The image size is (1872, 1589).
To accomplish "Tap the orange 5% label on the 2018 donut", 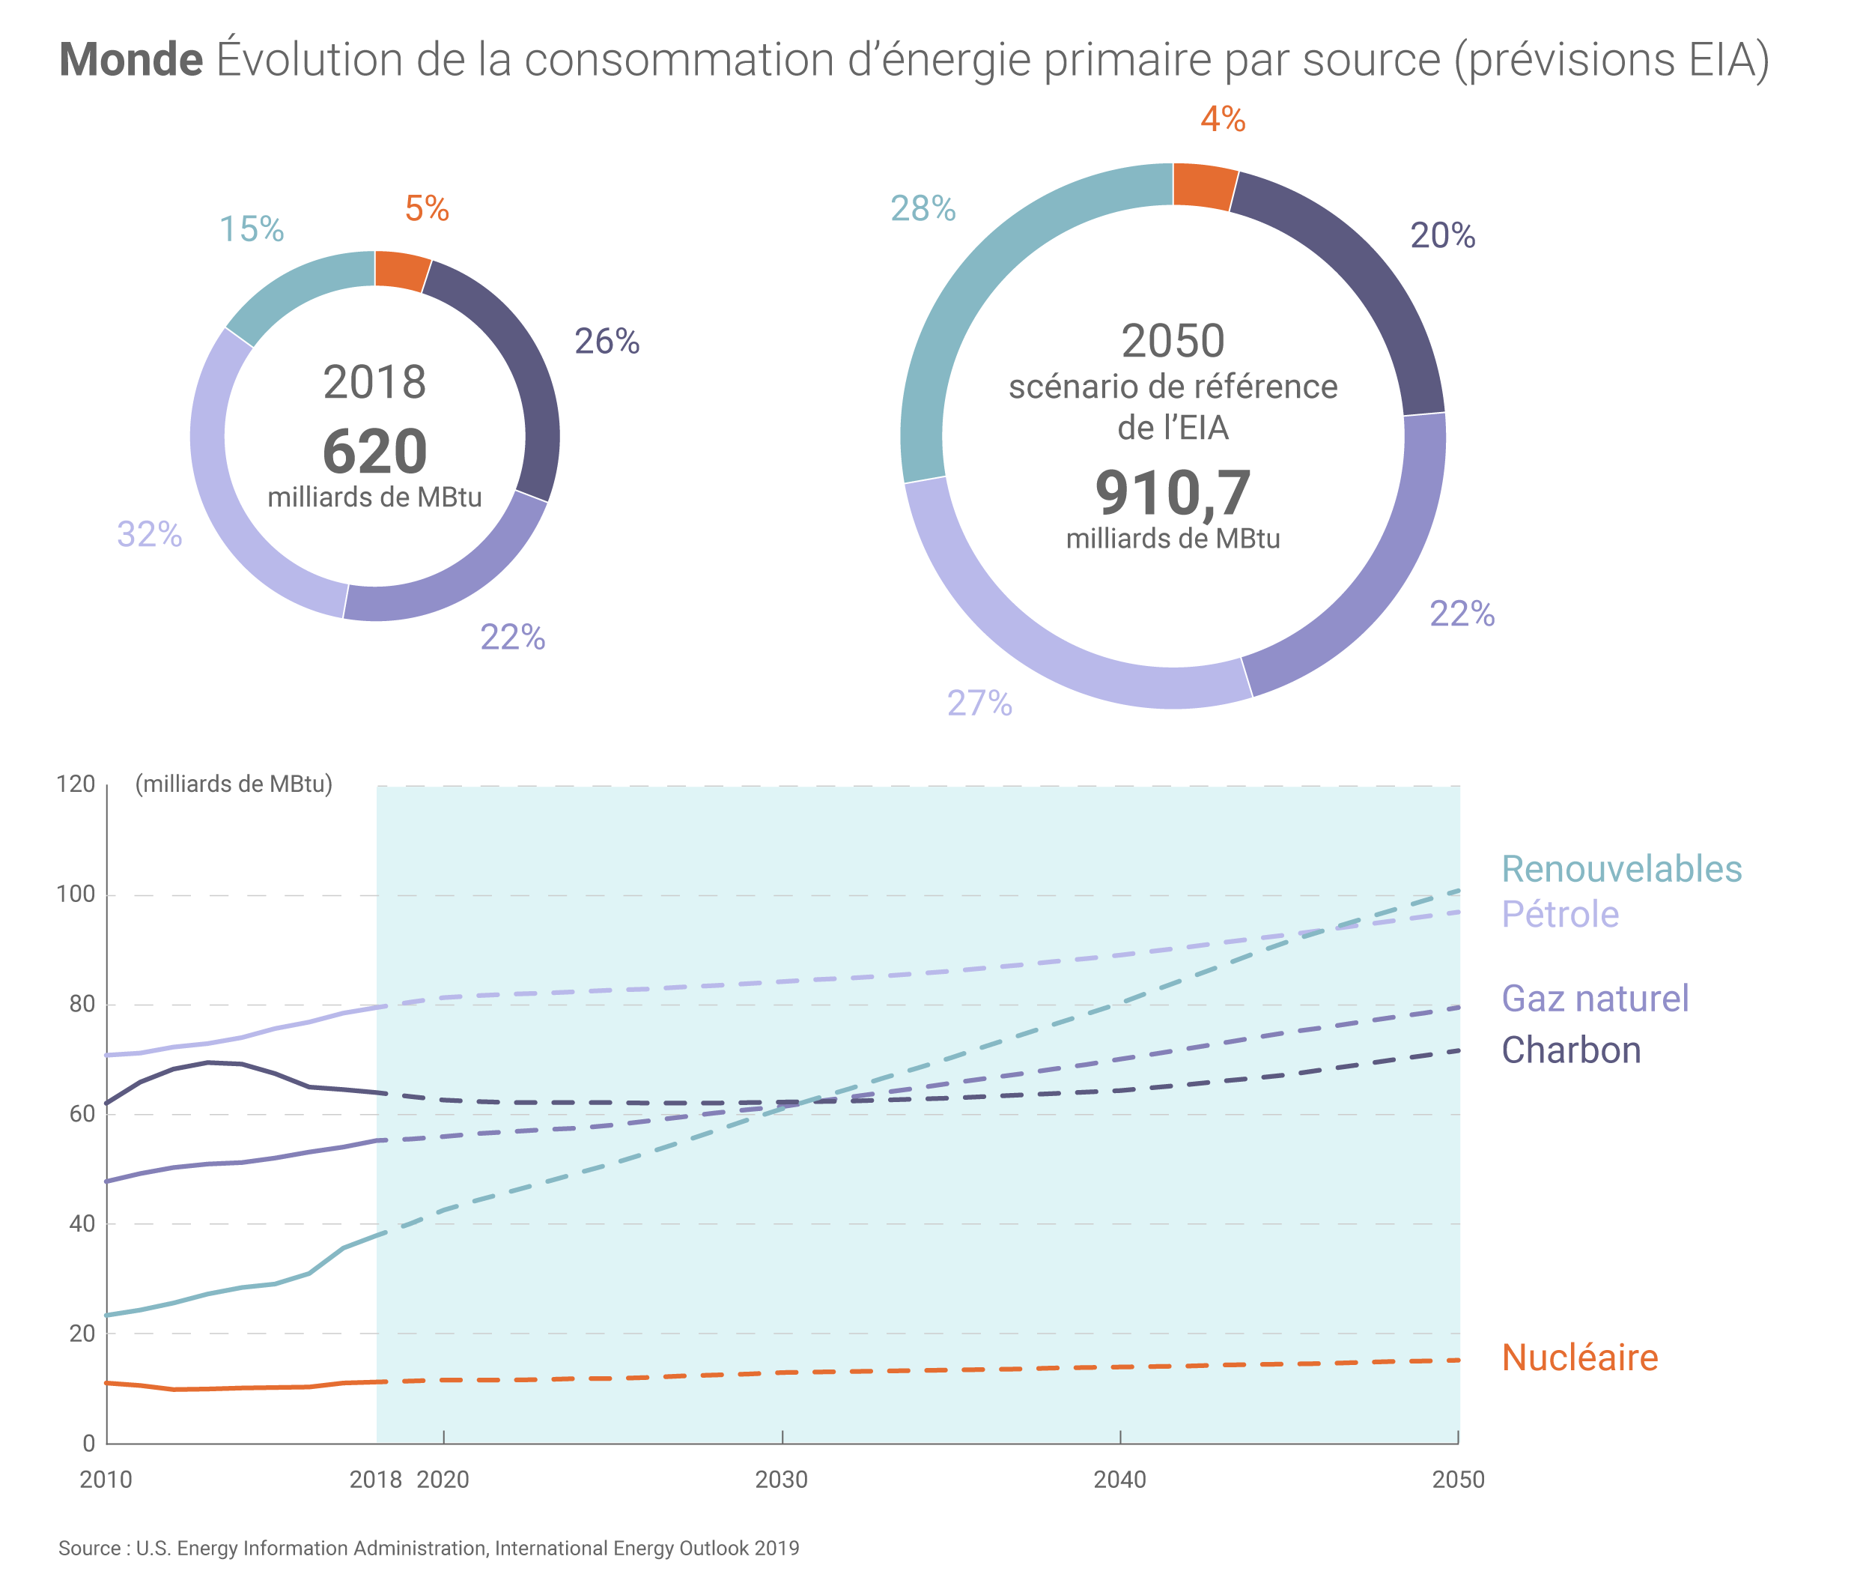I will (x=426, y=208).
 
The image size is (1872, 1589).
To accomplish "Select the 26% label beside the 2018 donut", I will (x=607, y=342).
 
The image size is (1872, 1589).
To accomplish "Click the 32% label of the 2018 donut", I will (x=150, y=534).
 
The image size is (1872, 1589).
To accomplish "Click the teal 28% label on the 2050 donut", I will (x=923, y=208).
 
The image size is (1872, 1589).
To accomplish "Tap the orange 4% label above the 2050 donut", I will (x=1222, y=119).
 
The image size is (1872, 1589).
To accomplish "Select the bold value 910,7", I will (x=1173, y=493).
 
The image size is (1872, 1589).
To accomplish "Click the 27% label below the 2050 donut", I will (x=979, y=703).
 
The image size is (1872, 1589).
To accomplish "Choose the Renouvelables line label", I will (x=1621, y=868).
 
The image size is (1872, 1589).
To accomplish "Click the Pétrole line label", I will (x=1560, y=913).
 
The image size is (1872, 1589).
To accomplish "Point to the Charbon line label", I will (x=1571, y=1050).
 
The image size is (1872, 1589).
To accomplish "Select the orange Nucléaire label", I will (x=1579, y=1358).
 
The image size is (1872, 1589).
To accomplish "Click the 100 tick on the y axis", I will (x=76, y=895).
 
